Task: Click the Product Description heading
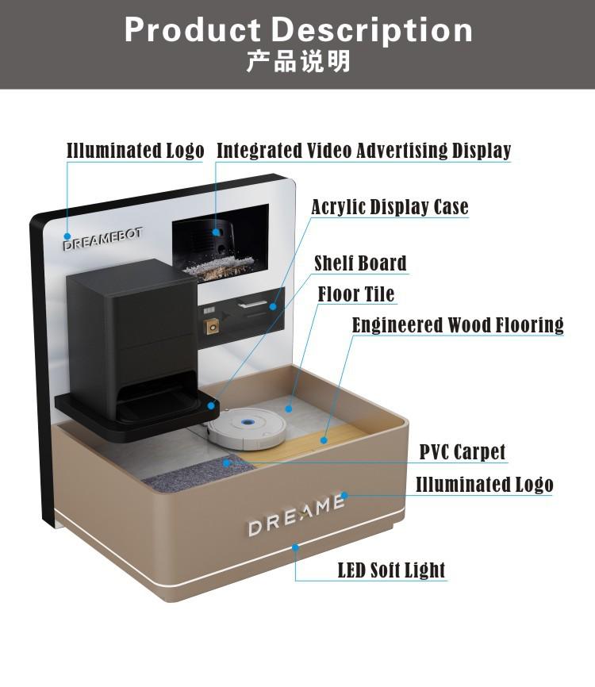coord(298,30)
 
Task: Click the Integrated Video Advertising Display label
coord(363,151)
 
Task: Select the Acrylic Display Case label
coord(390,208)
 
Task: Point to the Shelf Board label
coord(360,263)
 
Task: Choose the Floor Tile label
coord(356,294)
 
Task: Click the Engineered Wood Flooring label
coord(458,325)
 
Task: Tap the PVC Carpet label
coord(462,452)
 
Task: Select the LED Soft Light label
coord(391,570)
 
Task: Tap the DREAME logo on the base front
coord(296,516)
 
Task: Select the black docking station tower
coord(131,333)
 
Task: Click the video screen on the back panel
coord(220,240)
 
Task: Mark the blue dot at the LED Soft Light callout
coord(295,547)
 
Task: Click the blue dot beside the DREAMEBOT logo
coord(67,236)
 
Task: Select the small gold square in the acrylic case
coord(212,326)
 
